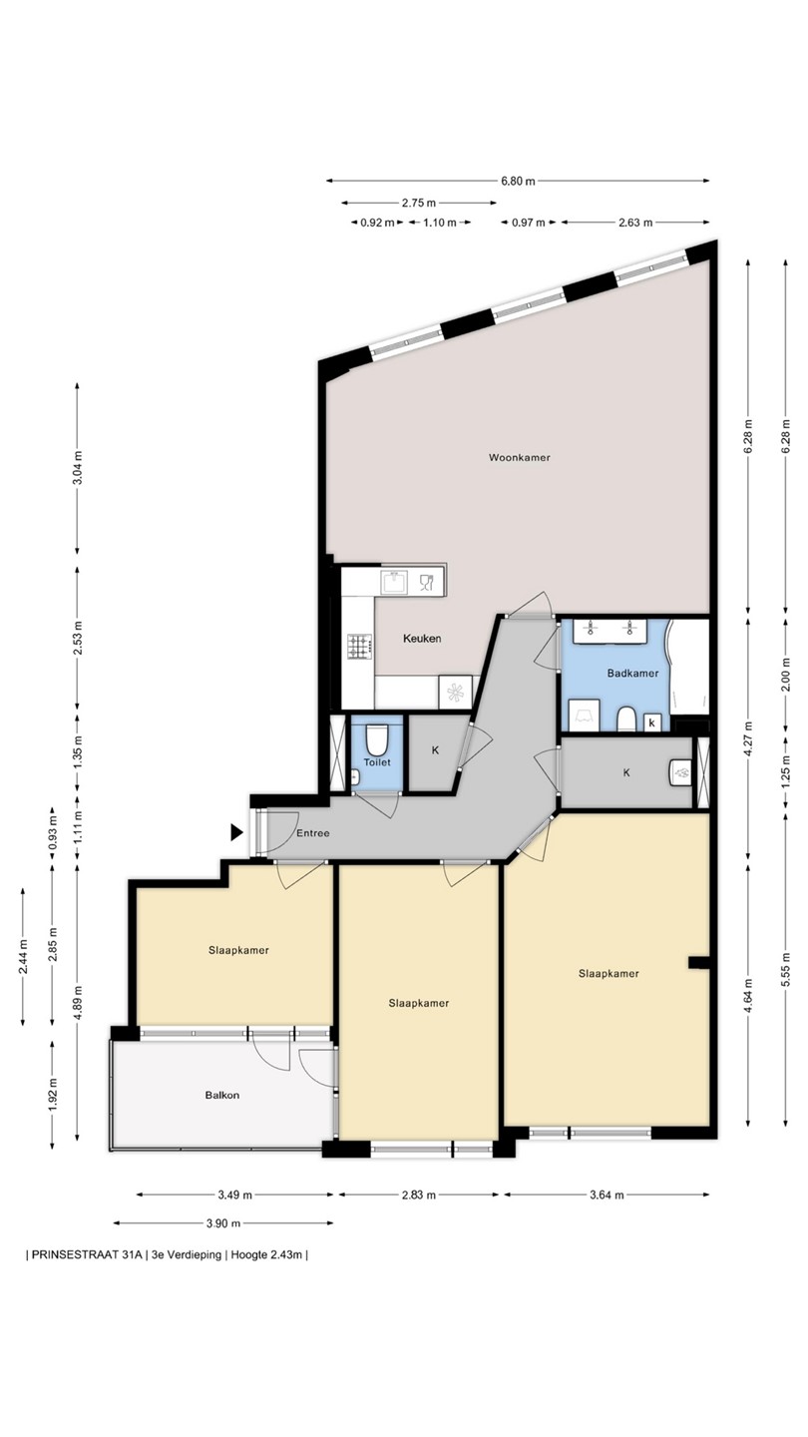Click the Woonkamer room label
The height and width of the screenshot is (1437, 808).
520,457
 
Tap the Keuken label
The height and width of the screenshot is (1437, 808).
422,639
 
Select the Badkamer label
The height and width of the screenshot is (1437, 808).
632,673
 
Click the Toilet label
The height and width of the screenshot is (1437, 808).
377,762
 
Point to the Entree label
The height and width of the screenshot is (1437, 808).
313,832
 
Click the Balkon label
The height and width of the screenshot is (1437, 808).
221,1095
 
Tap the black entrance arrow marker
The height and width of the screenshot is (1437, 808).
237,832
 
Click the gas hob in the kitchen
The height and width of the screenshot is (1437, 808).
360,646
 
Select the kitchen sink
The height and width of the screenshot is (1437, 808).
394,582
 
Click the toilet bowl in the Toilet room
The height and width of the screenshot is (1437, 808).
376,740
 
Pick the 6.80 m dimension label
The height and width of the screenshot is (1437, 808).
518,181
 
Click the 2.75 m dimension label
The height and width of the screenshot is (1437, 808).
419,203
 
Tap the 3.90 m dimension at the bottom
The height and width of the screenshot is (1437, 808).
223,1223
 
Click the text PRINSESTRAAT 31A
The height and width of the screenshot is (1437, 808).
87,1255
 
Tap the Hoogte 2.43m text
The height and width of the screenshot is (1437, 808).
266,1255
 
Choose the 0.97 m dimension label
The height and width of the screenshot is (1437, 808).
529,223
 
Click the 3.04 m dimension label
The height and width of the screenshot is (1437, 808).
78,468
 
